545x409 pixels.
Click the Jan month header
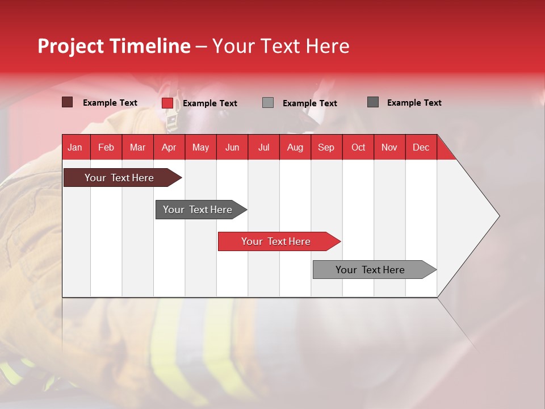click(x=75, y=148)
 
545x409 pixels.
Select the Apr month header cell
click(x=169, y=148)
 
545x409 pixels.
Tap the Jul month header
click(x=263, y=148)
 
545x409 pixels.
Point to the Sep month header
click(x=326, y=148)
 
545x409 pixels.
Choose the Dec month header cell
click(x=421, y=148)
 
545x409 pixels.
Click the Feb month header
click(x=106, y=148)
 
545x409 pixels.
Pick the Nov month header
click(x=389, y=148)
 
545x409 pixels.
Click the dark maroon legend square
click(x=68, y=102)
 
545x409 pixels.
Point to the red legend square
click(x=167, y=103)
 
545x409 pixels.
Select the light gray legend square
click(x=268, y=103)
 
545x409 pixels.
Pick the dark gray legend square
click(x=373, y=102)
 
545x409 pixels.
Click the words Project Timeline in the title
click(x=114, y=46)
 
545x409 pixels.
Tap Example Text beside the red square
click(x=210, y=103)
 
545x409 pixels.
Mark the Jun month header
click(x=232, y=148)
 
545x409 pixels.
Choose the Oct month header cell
click(x=358, y=148)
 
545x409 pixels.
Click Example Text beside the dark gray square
click(x=414, y=103)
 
